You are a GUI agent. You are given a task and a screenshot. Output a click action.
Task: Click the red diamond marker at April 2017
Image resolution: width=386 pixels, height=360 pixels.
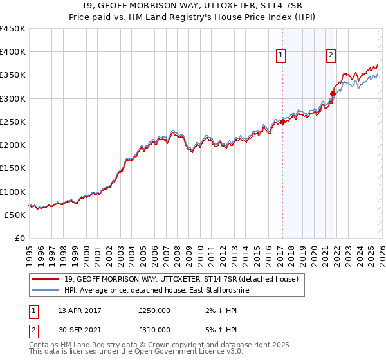(282, 122)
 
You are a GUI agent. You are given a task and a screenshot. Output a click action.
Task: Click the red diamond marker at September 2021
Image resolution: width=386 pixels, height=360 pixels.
(333, 94)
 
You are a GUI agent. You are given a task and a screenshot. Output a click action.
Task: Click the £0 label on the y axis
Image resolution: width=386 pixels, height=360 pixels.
(20, 238)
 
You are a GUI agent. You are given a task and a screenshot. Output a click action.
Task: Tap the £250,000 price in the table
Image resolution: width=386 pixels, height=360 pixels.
(154, 310)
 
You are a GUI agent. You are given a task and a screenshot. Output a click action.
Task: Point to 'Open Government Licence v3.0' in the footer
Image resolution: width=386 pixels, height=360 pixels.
(186, 352)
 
